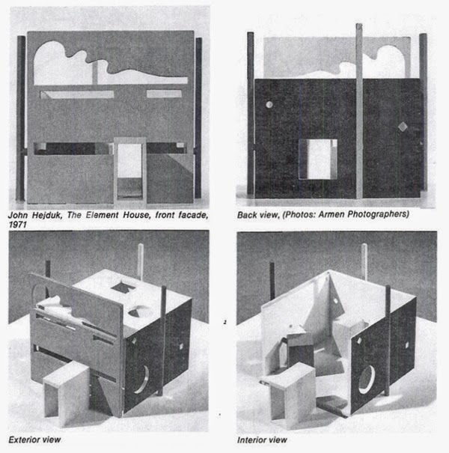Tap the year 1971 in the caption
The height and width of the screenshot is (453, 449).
click(18, 225)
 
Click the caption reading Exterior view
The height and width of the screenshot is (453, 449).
click(34, 440)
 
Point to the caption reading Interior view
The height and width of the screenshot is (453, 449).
click(262, 440)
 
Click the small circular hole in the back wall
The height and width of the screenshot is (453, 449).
click(269, 105)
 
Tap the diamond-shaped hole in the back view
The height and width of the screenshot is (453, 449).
click(402, 127)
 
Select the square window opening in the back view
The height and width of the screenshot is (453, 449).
click(318, 159)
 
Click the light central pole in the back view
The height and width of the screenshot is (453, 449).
click(359, 112)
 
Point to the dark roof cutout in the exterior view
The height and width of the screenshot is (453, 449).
click(123, 286)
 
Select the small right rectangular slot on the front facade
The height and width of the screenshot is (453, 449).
click(164, 94)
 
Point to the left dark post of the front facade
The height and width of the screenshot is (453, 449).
click(21, 118)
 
